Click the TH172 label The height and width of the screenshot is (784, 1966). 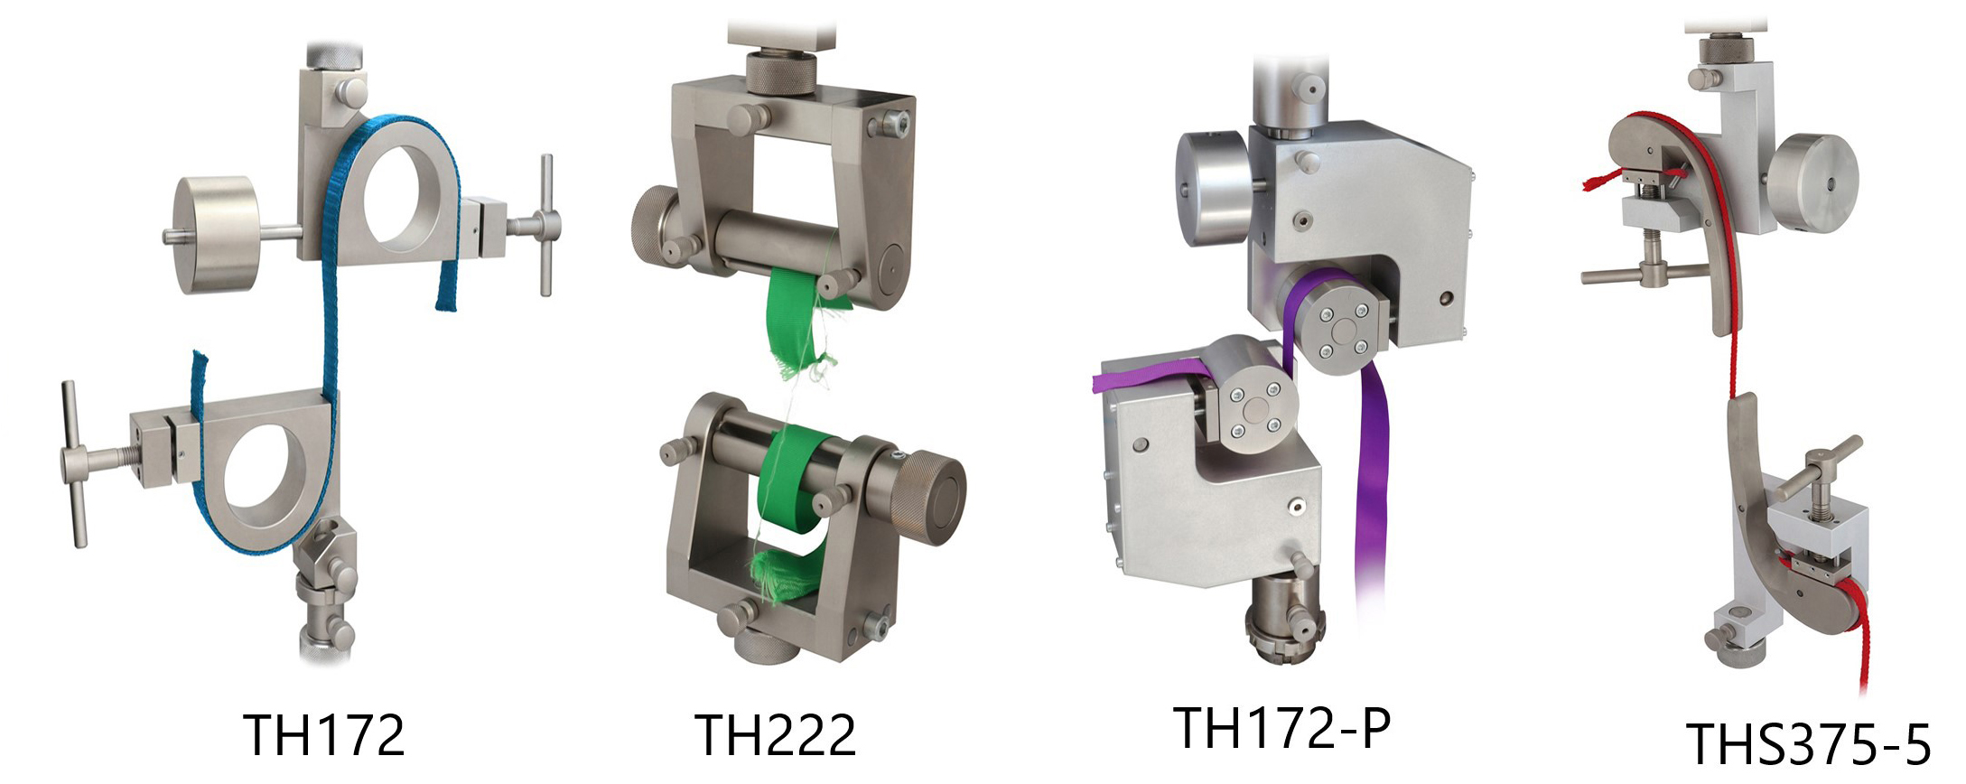(x=324, y=735)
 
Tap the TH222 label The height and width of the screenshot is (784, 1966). (x=775, y=735)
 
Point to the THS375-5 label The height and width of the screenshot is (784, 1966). (x=1808, y=744)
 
